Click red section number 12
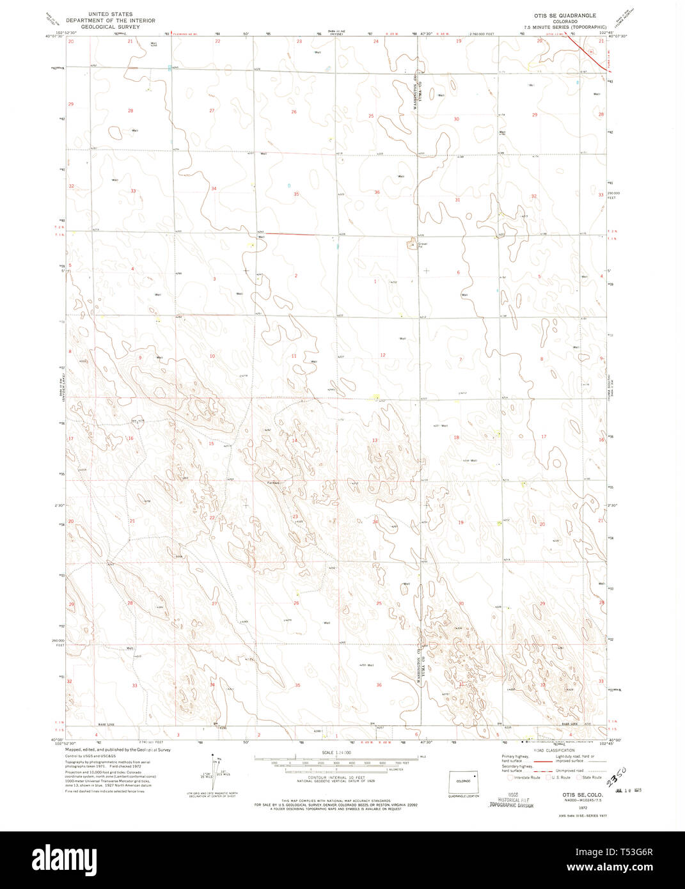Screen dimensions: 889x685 click(x=382, y=355)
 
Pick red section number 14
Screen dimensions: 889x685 click(x=294, y=441)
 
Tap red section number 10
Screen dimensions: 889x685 click(x=212, y=356)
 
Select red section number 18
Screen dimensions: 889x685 click(x=456, y=437)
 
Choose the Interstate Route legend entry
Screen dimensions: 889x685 click(x=524, y=777)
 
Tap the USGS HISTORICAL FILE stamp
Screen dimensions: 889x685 click(x=511, y=803)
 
